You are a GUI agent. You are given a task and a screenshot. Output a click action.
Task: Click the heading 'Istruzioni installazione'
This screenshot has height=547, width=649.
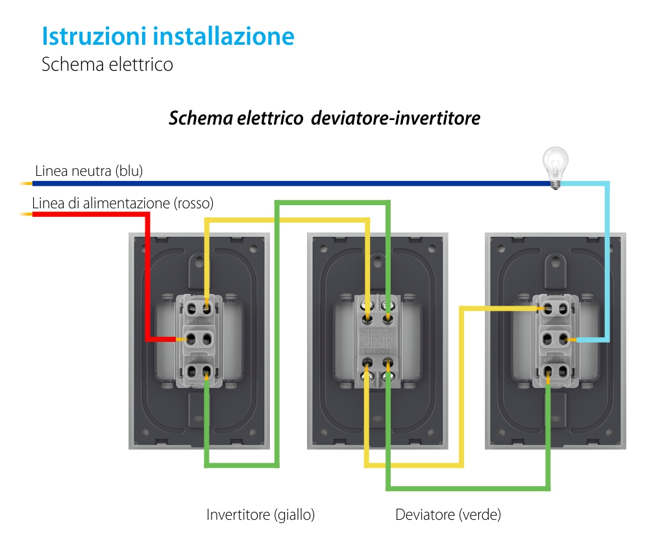[x=167, y=36]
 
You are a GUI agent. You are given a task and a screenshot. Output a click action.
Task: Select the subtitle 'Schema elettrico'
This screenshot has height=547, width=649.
[x=107, y=65]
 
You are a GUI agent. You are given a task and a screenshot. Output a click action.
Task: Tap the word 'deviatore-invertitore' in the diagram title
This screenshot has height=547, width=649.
[x=396, y=119]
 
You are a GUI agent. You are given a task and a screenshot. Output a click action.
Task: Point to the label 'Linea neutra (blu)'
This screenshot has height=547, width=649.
[x=89, y=171]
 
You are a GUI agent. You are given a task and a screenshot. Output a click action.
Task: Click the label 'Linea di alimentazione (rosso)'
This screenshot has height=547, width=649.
[x=123, y=203]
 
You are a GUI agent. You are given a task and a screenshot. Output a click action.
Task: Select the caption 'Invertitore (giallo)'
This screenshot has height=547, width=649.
[x=260, y=515]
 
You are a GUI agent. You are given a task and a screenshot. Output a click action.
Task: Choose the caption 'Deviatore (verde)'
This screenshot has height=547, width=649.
[x=448, y=515]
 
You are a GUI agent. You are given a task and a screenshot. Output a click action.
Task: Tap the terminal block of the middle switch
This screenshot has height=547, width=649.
[x=377, y=339]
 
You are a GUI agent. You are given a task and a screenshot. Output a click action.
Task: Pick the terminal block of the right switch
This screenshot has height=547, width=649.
[x=556, y=339]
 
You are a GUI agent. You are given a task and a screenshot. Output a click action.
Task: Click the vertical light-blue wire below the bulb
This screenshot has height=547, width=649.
[x=608, y=260]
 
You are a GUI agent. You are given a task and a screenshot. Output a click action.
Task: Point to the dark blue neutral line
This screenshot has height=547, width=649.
[x=292, y=183]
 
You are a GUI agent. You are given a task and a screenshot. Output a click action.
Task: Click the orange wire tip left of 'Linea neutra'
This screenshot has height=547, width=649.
[x=26, y=183]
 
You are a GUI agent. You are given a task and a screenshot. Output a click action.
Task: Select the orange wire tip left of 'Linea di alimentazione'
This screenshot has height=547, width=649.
[x=26, y=213]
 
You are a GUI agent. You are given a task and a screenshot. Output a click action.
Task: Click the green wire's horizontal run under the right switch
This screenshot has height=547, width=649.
[x=467, y=487]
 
